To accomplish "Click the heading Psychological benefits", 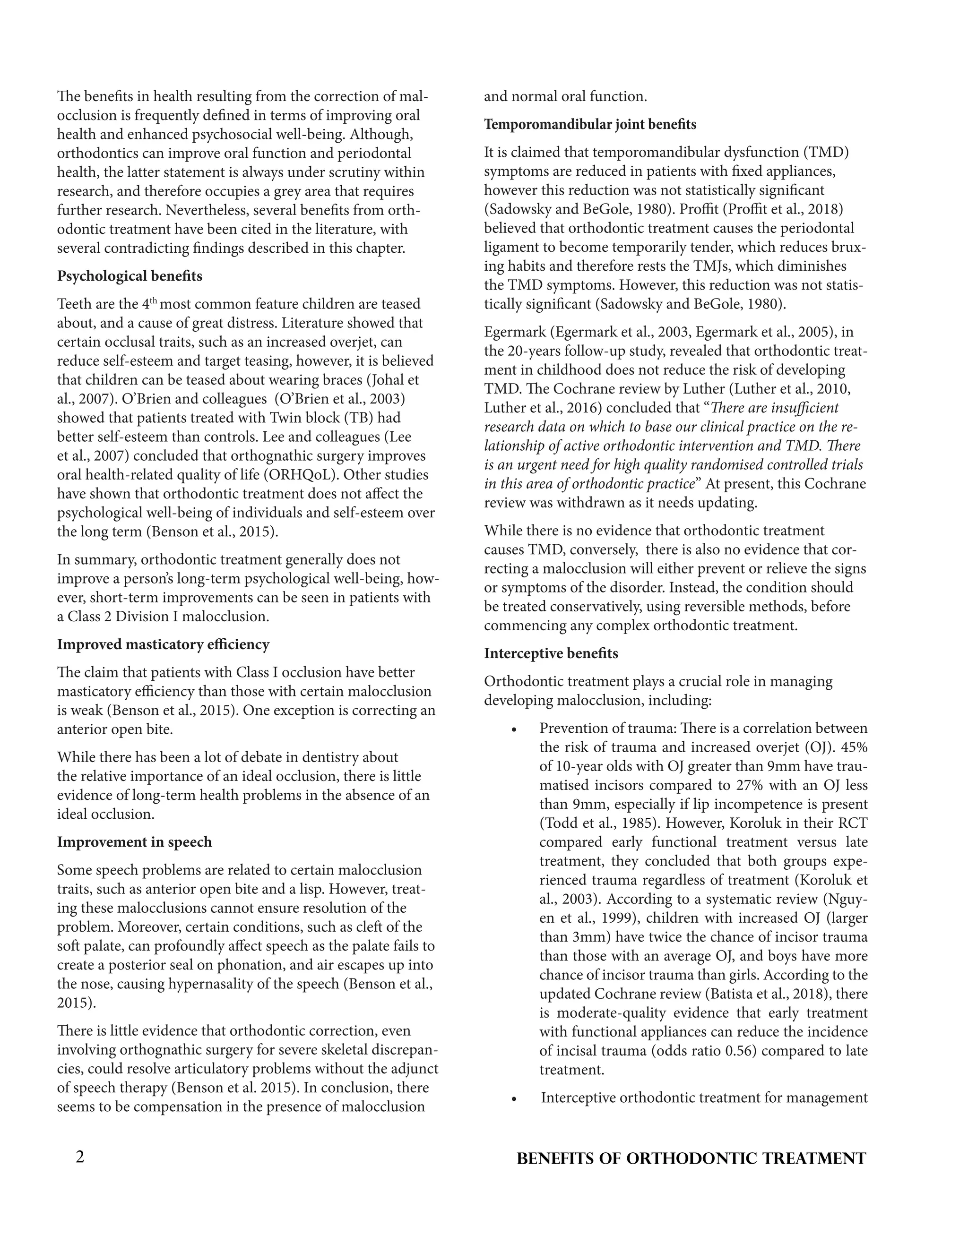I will [130, 276].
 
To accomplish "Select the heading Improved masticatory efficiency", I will [163, 644].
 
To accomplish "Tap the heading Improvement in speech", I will [134, 842].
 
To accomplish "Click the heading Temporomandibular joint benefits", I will [590, 124].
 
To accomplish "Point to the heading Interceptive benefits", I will [551, 653].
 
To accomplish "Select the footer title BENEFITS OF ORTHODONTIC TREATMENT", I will [691, 1158].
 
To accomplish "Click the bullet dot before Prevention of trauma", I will [514, 730].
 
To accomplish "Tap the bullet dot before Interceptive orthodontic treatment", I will [514, 1099].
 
